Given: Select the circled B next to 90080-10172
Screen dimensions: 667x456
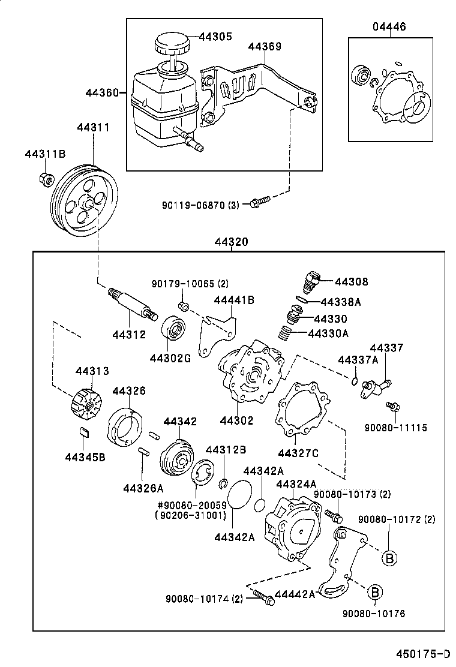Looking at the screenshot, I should point(389,557).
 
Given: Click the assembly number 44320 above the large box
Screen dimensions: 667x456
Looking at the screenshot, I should point(231,242).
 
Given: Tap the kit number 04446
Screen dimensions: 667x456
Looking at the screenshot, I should point(389,27).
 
